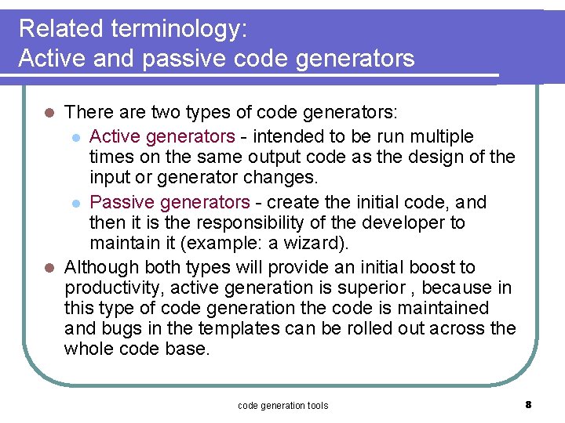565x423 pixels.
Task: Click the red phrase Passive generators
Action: pos(169,202)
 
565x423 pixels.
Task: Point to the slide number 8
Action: pos(528,404)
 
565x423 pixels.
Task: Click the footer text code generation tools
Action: pos(282,405)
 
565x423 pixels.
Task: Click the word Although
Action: pos(101,267)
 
